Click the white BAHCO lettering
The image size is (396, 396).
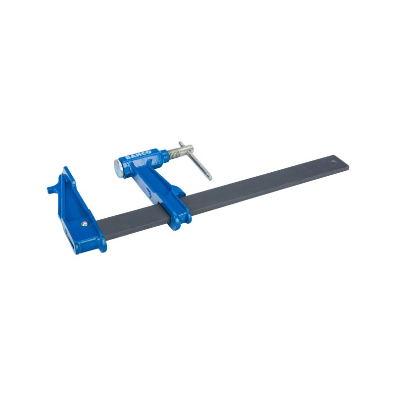coord(138,155)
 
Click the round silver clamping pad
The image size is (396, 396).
coord(118,168)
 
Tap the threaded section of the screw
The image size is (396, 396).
coord(174,152)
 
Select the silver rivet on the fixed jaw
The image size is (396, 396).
coord(85,224)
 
